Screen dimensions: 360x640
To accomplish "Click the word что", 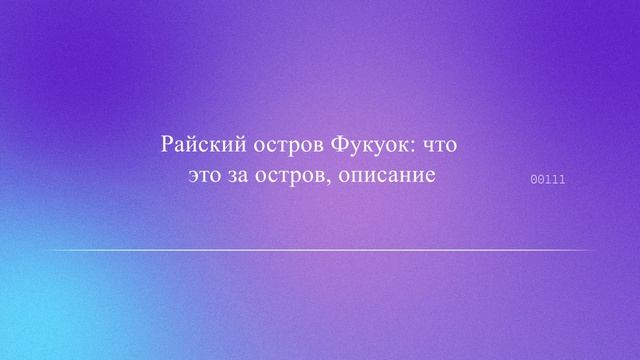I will pyautogui.click(x=439, y=145).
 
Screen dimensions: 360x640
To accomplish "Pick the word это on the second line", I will pyautogui.click(x=205, y=177).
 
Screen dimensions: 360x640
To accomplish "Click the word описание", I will pyautogui.click(x=388, y=177).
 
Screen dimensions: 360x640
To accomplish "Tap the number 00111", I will pyautogui.click(x=547, y=180).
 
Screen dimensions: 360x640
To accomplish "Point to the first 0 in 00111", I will pyautogui.click(x=533, y=180).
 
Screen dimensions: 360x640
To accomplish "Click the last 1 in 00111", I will pyautogui.click(x=562, y=180).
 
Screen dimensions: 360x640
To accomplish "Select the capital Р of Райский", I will pyautogui.click(x=167, y=144).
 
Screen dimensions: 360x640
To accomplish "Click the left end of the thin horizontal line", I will pyautogui.click(x=46, y=250).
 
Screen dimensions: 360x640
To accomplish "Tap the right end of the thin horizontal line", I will pyautogui.click(x=594, y=250).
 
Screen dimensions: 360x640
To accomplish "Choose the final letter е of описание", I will pyautogui.click(x=433, y=178).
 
